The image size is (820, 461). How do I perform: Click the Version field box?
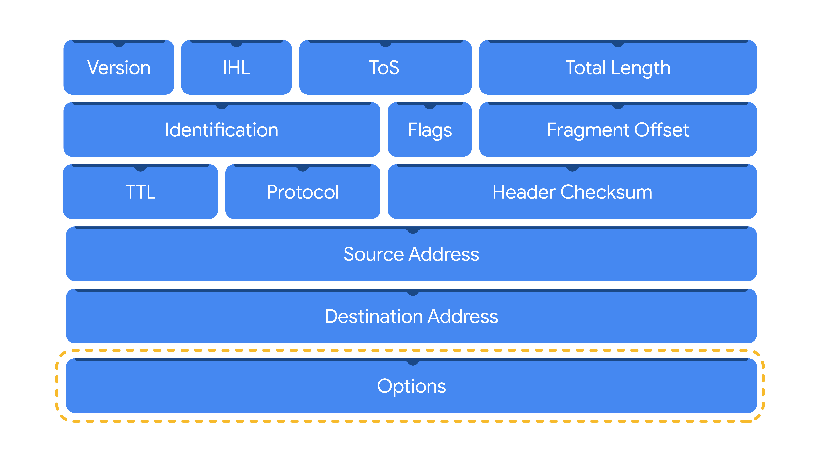119,67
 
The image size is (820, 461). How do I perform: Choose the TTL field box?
140,192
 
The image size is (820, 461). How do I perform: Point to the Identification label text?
222,130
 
